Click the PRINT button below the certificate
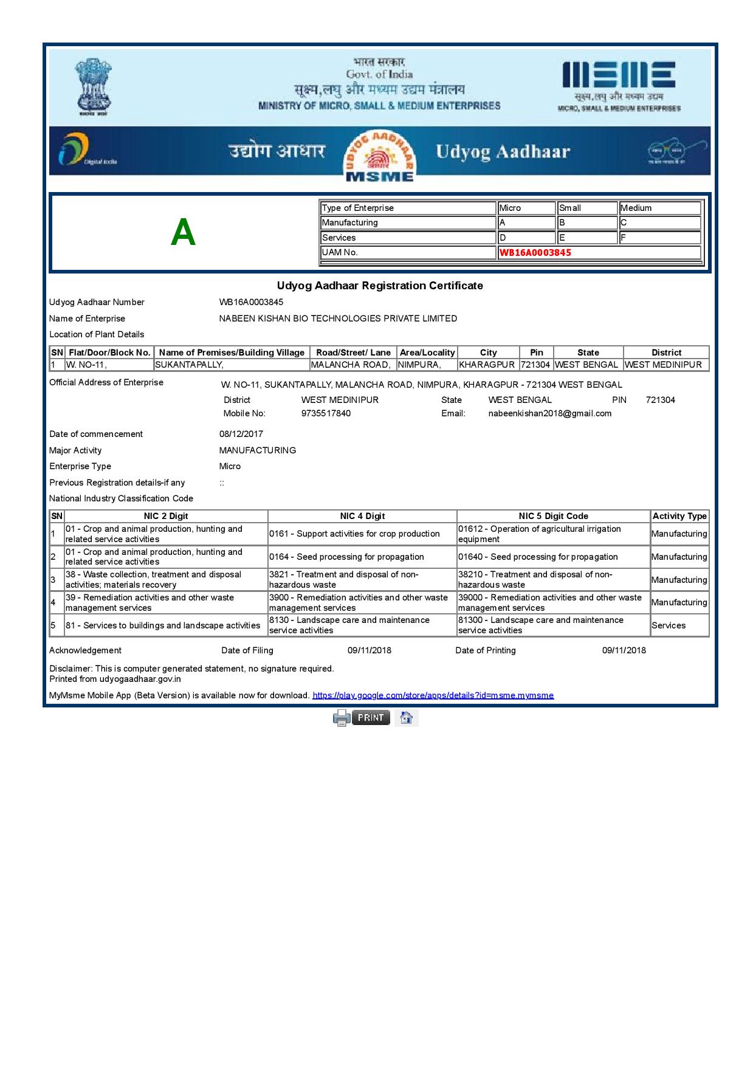[370, 718]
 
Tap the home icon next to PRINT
[407, 718]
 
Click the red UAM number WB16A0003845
[535, 253]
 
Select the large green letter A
[183, 233]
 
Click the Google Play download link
[433, 695]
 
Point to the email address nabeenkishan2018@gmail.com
[549, 413]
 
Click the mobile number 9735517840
[326, 413]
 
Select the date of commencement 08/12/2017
[241, 434]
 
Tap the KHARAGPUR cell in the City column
[487, 365]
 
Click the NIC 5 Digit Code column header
[553, 516]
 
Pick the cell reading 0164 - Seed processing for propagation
[346, 557]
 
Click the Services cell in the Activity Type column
[669, 625]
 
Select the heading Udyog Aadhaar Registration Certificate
[380, 286]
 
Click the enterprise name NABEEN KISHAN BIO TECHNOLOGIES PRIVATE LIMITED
[338, 318]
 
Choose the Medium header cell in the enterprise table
[659, 208]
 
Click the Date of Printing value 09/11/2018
[624, 650]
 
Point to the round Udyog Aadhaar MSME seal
[380, 156]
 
